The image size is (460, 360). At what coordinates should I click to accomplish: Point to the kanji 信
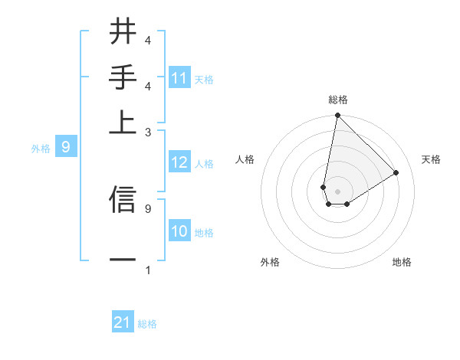(123, 198)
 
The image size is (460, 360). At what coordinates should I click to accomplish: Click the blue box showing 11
(179, 78)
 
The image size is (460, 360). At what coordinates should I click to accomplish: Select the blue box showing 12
(179, 163)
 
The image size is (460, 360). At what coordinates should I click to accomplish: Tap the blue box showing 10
(179, 232)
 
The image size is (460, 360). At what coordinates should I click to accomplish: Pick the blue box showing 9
(66, 147)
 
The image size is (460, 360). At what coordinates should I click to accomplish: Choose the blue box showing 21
(123, 323)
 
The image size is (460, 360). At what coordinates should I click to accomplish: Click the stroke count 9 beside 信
(147, 208)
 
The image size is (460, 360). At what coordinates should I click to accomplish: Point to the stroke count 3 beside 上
(147, 132)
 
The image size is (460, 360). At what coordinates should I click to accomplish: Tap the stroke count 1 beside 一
(147, 270)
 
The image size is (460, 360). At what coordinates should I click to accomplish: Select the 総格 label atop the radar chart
(337, 100)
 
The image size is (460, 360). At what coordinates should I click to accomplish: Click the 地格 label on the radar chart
(402, 262)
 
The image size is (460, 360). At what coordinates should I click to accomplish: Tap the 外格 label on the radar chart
(270, 262)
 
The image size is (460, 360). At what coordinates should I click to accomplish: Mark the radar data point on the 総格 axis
(337, 116)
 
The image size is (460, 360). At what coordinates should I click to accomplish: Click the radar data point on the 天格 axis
(396, 172)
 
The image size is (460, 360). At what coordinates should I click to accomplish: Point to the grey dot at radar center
(337, 191)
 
